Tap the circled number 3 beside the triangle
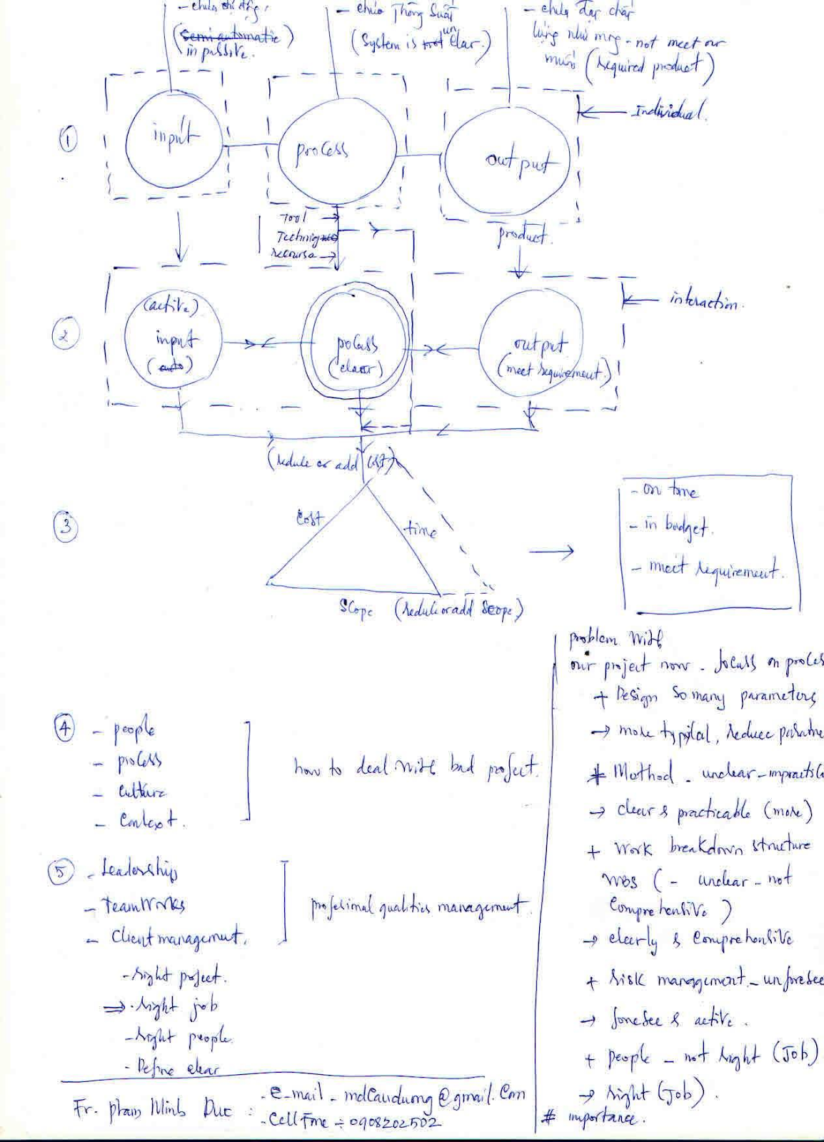(x=66, y=527)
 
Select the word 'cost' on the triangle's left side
(x=309, y=518)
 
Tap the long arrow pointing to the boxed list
(x=551, y=551)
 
